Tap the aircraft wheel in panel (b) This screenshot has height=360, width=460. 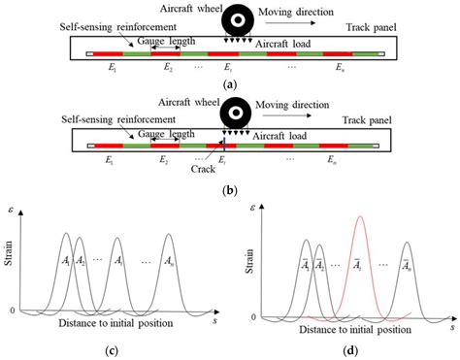tap(234, 113)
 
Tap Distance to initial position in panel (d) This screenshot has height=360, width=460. tap(344, 329)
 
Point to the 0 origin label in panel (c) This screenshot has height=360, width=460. tap(11, 311)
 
